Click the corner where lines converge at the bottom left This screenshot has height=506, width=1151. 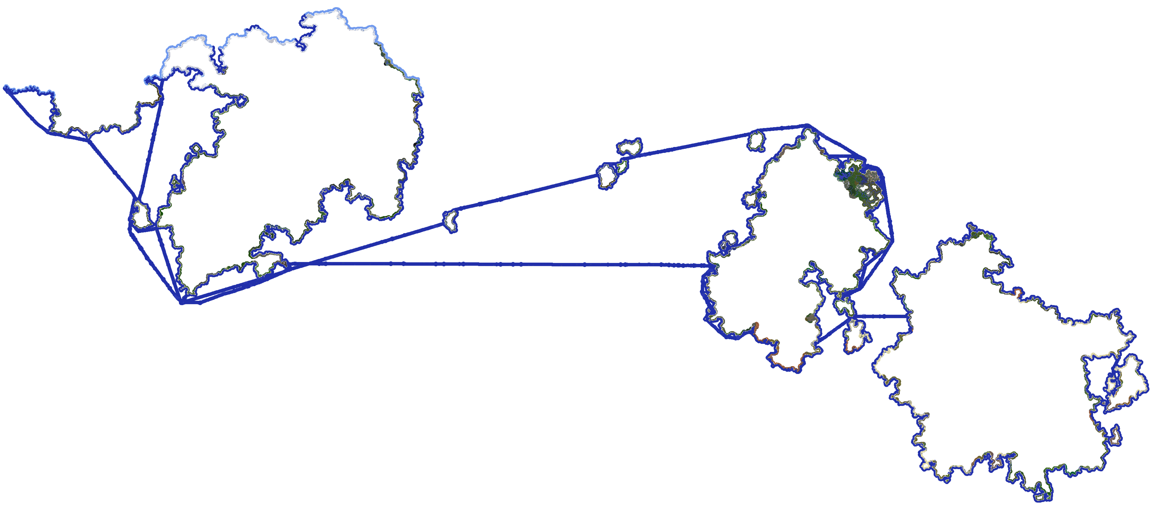tap(182, 303)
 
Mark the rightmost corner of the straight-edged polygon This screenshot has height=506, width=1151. tap(893, 240)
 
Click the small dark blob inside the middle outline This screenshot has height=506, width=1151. tap(810, 318)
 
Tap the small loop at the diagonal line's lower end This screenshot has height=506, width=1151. tap(450, 221)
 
